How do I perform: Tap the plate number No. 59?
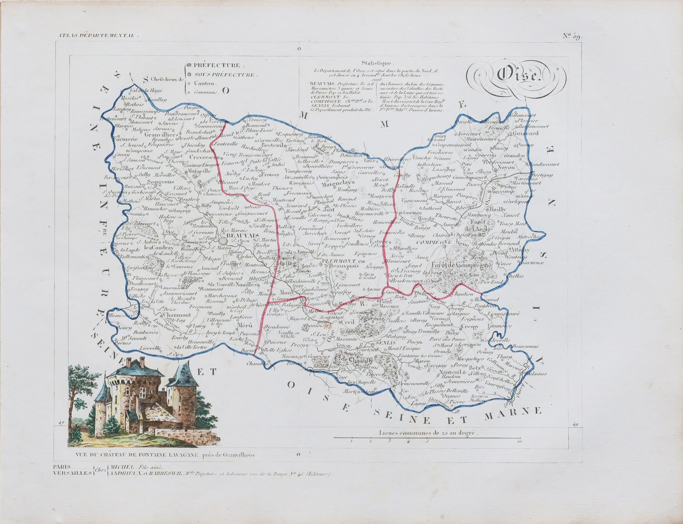tap(571, 36)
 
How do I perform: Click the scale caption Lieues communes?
tap(427, 432)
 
